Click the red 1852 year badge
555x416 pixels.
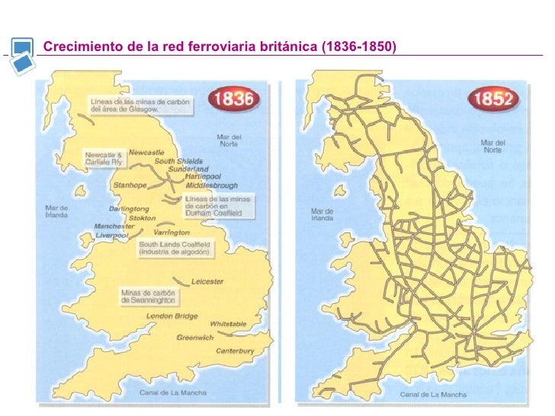tap(495, 99)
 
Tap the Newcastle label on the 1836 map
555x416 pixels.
tap(146, 152)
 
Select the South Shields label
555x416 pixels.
tap(180, 161)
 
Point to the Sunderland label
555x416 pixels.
tap(188, 169)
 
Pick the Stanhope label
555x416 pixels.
tap(130, 185)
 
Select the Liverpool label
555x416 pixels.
tap(112, 235)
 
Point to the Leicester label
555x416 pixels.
tap(207, 281)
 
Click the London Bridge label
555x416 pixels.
tap(172, 315)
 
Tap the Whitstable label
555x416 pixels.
tap(228, 324)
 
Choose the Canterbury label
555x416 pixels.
tap(235, 351)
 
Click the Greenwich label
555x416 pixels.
tap(195, 337)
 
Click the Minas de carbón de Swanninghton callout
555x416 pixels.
tap(148, 297)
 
